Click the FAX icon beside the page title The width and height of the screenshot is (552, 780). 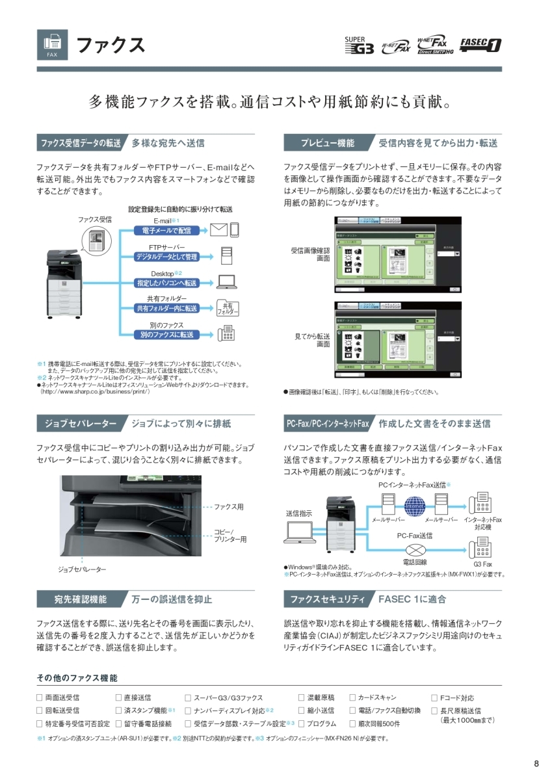(53, 45)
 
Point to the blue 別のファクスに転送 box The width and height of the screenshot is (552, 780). (166, 334)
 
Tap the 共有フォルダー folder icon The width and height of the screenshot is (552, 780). (227, 308)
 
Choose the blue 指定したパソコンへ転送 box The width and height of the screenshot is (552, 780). (166, 283)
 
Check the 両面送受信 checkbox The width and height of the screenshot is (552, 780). (40, 697)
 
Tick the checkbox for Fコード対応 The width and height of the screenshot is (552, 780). (434, 697)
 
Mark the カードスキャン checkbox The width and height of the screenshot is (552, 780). (352, 697)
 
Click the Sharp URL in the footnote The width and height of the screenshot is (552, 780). (95, 392)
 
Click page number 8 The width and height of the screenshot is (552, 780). (536, 763)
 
